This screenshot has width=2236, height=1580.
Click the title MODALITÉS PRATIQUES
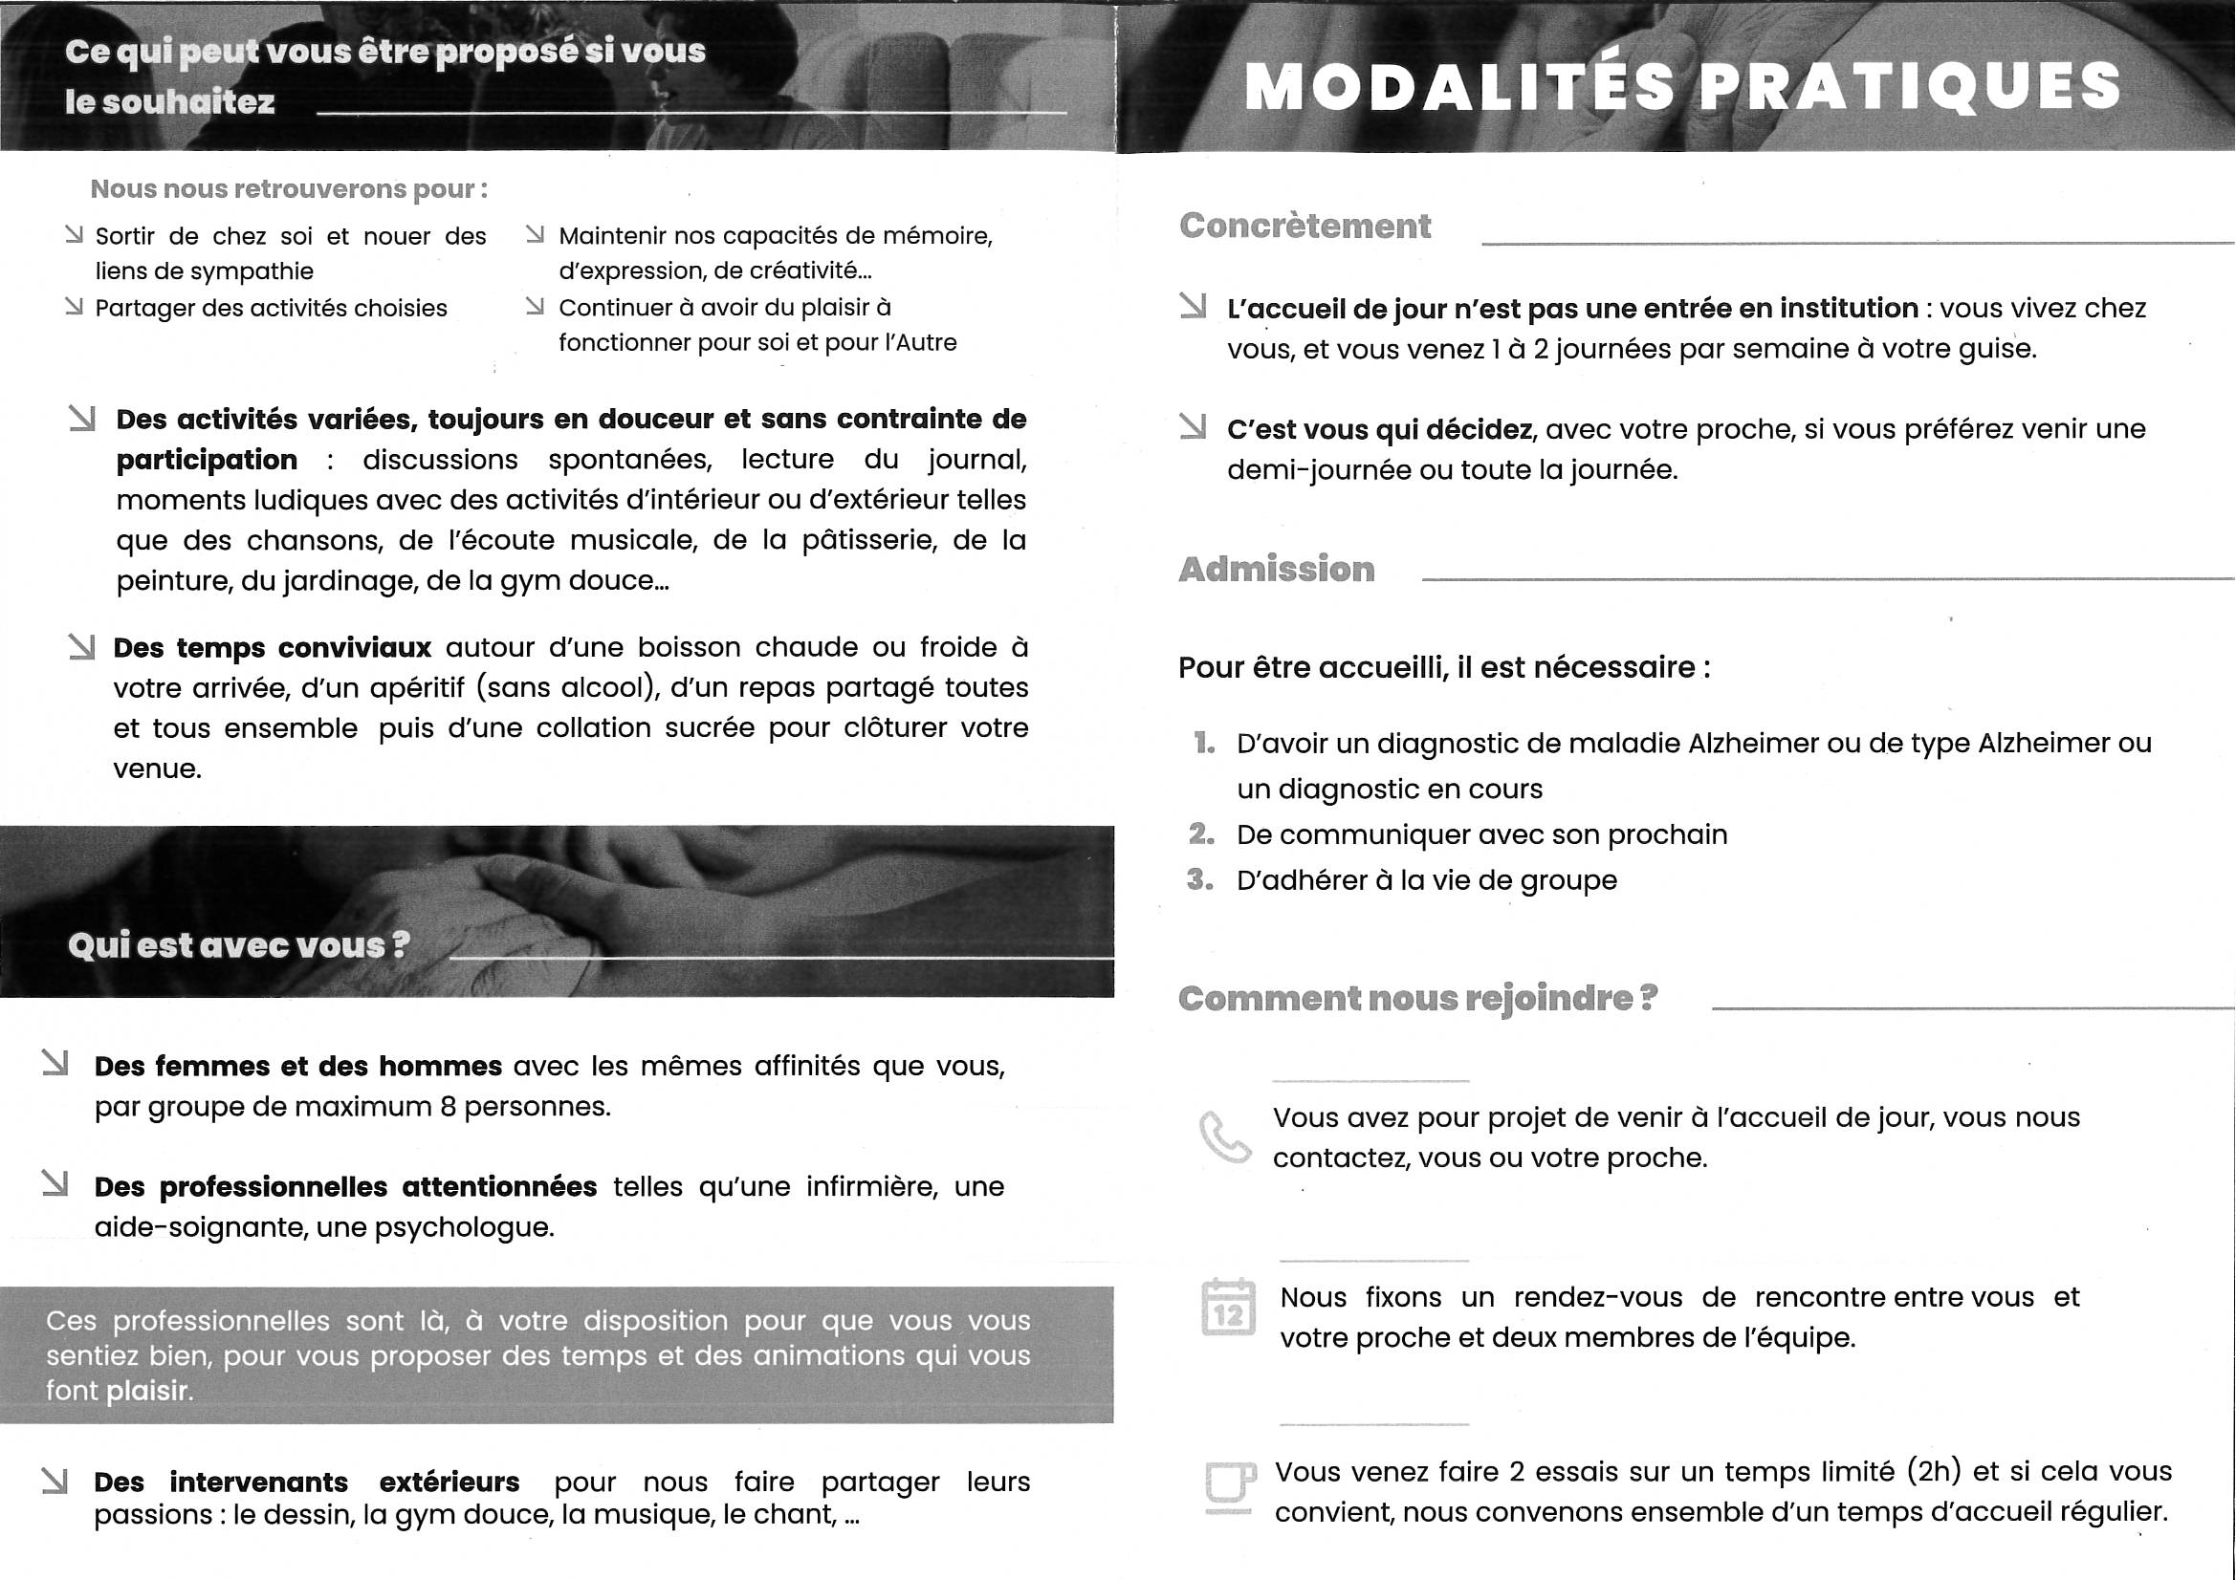coord(1682,86)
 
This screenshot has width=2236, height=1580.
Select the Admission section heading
coord(1276,569)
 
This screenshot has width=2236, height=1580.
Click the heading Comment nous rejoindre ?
coord(1417,998)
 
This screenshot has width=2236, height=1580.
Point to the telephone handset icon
coord(1224,1137)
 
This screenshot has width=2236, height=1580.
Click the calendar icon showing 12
coord(1228,1308)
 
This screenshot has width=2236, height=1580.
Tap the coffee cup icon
coord(1228,1486)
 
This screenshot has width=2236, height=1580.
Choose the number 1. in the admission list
coord(1205,744)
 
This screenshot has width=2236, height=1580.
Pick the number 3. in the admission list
coord(1201,880)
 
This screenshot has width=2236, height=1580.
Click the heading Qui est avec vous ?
coord(238,945)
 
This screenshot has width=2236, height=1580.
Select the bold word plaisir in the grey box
coord(147,1390)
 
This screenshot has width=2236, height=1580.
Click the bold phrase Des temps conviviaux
coord(272,647)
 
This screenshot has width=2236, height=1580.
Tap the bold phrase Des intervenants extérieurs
coord(307,1482)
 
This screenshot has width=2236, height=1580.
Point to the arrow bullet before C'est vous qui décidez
coord(1192,426)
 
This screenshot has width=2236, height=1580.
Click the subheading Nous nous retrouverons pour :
coord(289,189)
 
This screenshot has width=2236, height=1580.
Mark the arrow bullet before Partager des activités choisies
coord(73,307)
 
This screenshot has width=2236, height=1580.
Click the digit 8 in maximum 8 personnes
coord(448,1107)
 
